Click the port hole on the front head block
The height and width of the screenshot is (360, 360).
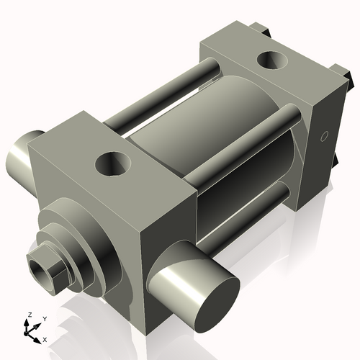[x=113, y=164]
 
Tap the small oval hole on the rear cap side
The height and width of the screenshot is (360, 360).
[x=323, y=135]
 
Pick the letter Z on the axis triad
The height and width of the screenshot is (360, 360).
[x=28, y=315]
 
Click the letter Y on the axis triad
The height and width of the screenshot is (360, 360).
[x=44, y=318]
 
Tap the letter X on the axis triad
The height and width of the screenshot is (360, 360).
[x=45, y=338]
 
